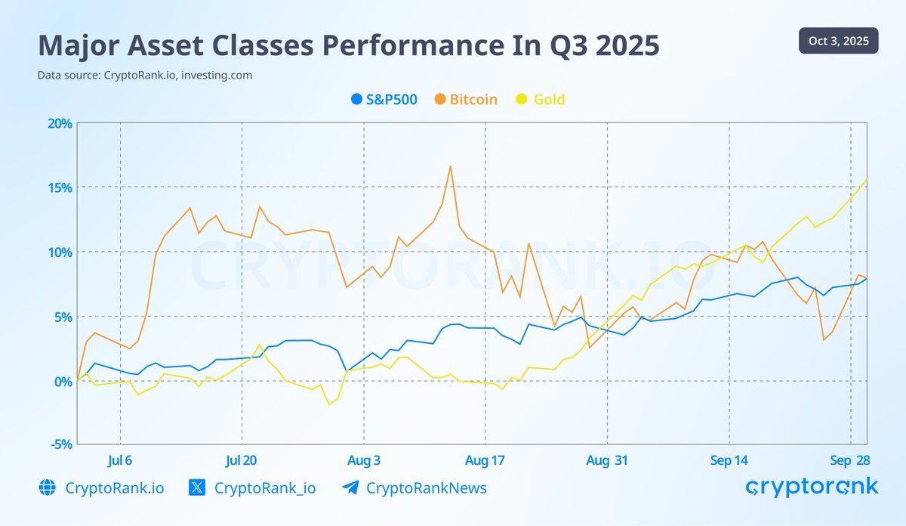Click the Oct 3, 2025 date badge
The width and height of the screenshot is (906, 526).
(838, 41)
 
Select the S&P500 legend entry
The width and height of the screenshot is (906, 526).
(384, 99)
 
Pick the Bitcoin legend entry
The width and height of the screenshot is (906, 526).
(466, 99)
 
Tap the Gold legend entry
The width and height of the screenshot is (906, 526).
(540, 99)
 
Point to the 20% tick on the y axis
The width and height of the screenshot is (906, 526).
(59, 123)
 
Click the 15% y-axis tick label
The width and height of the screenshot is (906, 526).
(59, 187)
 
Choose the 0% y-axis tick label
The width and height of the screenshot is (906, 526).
(62, 381)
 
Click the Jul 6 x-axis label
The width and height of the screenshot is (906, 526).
(120, 461)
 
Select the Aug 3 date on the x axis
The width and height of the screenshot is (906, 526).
(364, 461)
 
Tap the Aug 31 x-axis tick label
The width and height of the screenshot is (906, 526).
(607, 461)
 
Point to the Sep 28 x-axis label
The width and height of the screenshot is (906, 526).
(851, 461)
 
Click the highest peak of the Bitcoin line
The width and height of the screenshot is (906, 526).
(450, 166)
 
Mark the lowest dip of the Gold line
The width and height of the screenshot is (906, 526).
(329, 404)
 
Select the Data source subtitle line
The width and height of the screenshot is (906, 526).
(144, 76)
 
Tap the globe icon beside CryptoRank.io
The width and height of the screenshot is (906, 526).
(47, 488)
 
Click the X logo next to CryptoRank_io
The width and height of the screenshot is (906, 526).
(196, 488)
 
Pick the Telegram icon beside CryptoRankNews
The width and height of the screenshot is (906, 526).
(350, 488)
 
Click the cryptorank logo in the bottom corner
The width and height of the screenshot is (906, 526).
(812, 487)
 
